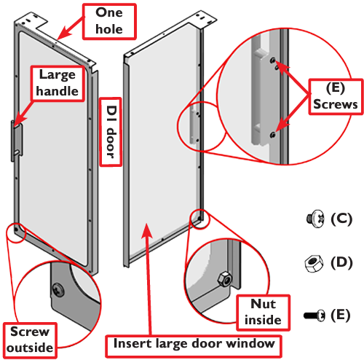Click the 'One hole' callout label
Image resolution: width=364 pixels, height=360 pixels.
(109, 21)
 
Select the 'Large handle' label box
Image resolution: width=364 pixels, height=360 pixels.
(58, 83)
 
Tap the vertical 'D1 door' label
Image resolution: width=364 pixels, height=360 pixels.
(111, 132)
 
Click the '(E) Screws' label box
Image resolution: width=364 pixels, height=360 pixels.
(336, 96)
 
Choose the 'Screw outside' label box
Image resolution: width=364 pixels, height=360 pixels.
(30, 340)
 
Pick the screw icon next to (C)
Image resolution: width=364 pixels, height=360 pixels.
(315, 219)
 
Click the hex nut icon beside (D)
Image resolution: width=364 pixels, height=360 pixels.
(314, 264)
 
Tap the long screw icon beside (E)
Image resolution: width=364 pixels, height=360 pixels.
(314, 316)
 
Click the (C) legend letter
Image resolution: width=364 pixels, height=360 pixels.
(341, 219)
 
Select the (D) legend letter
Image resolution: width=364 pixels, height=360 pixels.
(341, 263)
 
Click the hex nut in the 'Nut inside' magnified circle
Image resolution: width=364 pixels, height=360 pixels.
(225, 280)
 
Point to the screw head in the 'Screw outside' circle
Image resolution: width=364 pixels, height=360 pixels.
(58, 289)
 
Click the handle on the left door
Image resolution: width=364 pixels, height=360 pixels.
(17, 141)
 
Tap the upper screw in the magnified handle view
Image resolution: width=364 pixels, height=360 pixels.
(273, 60)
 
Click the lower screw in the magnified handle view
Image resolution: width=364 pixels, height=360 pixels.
(273, 134)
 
